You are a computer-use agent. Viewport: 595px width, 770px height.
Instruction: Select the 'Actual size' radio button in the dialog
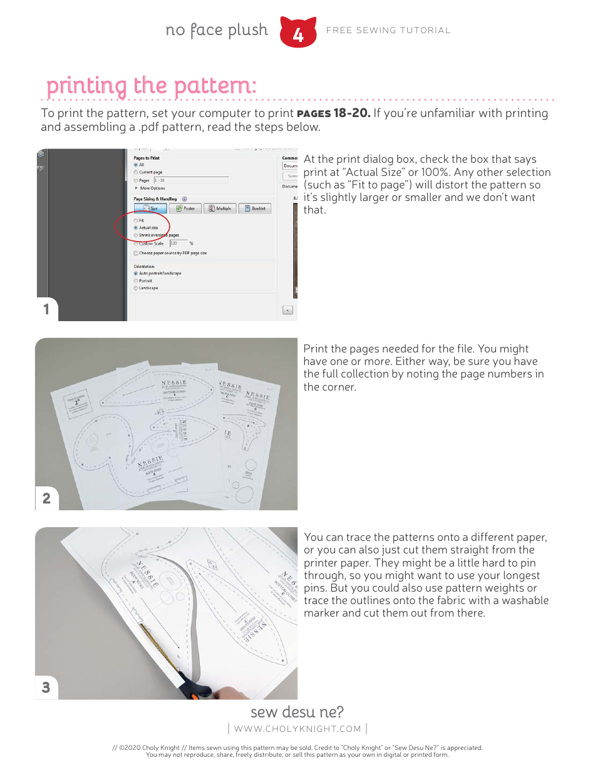coord(136,228)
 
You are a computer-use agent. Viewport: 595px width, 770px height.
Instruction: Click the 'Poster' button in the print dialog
coord(185,208)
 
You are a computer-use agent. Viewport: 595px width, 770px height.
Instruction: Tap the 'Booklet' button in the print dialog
coord(254,208)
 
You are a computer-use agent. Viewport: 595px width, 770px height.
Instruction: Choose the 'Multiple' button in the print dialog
coord(219,208)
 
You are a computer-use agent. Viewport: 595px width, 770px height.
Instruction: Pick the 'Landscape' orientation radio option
coord(136,288)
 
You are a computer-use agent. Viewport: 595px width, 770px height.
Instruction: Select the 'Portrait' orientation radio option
coord(136,281)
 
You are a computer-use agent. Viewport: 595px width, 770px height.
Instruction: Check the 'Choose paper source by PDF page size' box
coord(136,253)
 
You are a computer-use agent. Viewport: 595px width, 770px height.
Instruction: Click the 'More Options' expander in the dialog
coord(152,188)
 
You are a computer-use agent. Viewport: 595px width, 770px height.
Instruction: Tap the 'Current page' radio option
coord(136,172)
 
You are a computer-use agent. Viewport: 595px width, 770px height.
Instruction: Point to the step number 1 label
coord(46,309)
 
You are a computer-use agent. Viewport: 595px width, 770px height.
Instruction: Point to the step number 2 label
coord(46,498)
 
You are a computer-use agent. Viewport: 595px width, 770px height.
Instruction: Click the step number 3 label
coord(46,687)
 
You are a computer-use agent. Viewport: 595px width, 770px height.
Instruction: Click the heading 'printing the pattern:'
coord(152,86)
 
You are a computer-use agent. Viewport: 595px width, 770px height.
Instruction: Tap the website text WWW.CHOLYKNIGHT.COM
coord(297,729)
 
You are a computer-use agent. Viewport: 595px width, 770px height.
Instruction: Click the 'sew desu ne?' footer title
coord(297,712)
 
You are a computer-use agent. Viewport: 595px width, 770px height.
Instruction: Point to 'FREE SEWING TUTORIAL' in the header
coord(388,30)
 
